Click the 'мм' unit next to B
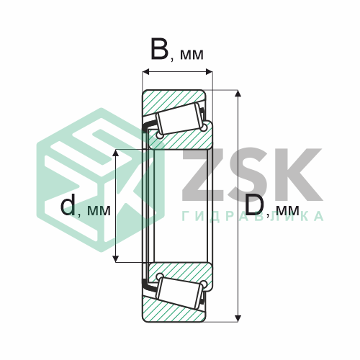pyautogui.click(x=191, y=54)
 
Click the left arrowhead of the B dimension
pyautogui.click(x=146, y=71)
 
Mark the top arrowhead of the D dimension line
pyautogui.click(x=239, y=94)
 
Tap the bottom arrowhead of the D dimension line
pyautogui.click(x=239, y=317)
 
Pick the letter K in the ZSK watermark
pyautogui.click(x=295, y=176)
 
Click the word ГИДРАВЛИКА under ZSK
pyautogui.click(x=252, y=217)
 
